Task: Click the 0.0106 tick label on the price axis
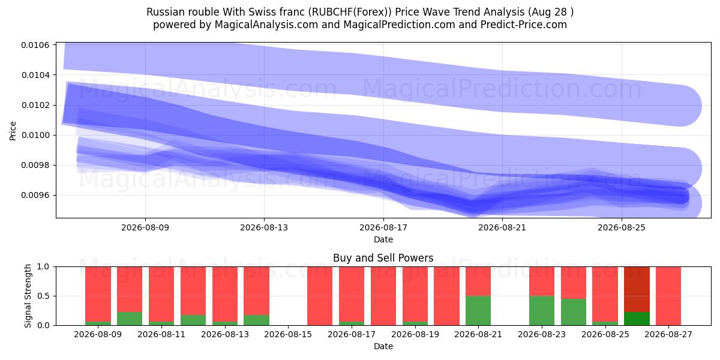click(x=35, y=45)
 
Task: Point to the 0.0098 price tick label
click(x=35, y=165)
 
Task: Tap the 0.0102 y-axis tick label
click(x=35, y=105)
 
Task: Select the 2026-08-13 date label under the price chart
click(x=264, y=227)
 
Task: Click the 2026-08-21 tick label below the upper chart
click(x=502, y=227)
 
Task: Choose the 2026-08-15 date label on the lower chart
click(x=288, y=335)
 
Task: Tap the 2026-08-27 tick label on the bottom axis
click(x=668, y=335)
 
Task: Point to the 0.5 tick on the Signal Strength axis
click(x=44, y=296)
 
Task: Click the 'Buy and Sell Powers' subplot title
click(x=383, y=258)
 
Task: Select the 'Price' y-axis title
click(x=13, y=131)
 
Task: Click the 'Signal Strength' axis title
click(x=28, y=296)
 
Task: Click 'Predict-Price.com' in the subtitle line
click(x=524, y=25)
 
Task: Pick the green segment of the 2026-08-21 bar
click(x=478, y=311)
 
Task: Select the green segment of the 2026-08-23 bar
click(x=542, y=311)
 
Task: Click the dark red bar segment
click(x=637, y=289)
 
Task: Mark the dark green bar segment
click(x=637, y=319)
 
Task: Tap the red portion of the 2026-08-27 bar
click(x=668, y=296)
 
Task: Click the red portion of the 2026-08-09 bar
click(x=98, y=294)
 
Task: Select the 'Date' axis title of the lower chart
click(x=383, y=347)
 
